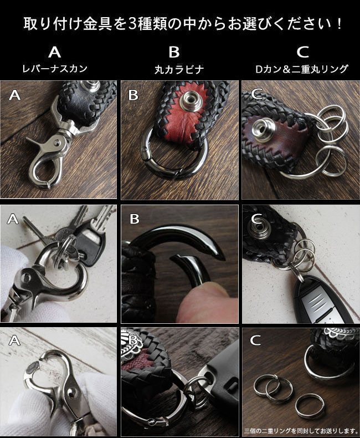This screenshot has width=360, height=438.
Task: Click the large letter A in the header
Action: [54, 52]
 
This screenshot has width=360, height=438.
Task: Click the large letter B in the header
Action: [174, 52]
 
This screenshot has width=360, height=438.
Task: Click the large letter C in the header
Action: [302, 52]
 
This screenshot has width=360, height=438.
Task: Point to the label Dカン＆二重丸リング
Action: [302, 69]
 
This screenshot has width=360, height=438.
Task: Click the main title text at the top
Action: [180, 25]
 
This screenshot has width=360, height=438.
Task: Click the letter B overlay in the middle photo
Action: [135, 220]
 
